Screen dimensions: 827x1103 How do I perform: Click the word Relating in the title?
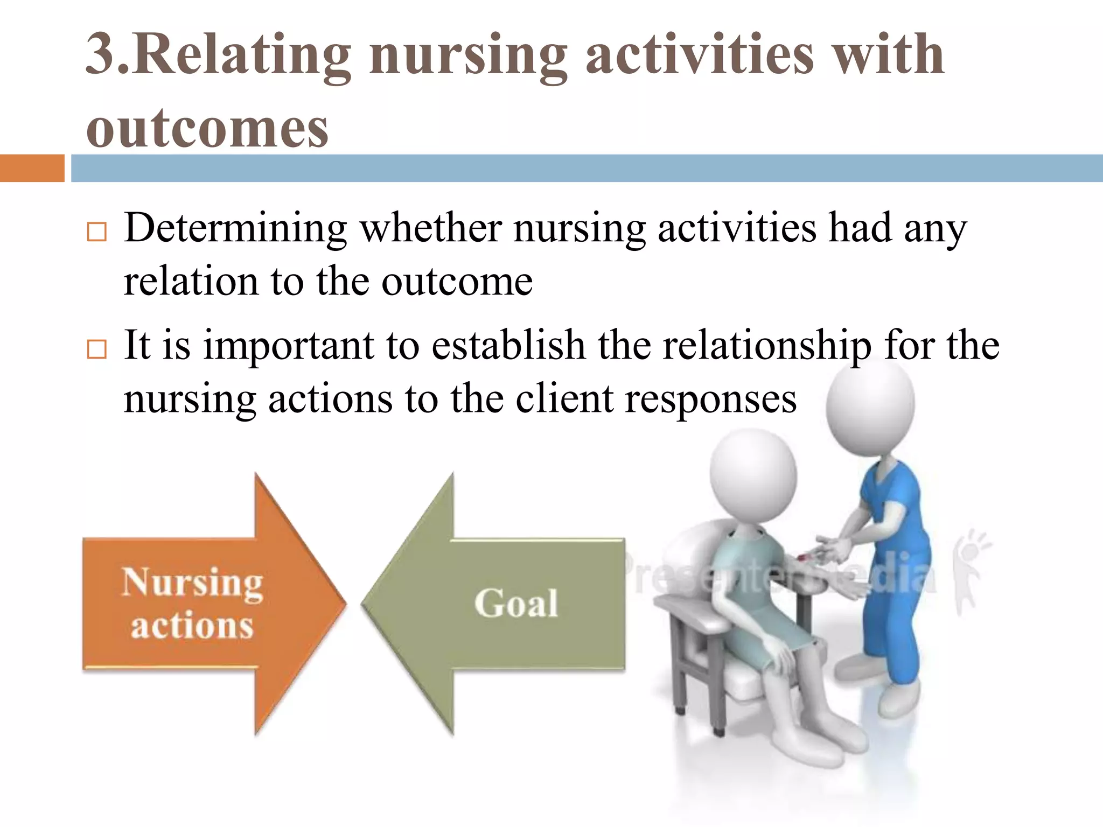242,55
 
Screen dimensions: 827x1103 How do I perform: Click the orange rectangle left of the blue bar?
32,168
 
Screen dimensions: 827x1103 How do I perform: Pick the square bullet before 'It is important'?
97,349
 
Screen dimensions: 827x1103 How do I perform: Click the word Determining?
235,229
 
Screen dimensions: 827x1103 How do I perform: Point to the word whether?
431,229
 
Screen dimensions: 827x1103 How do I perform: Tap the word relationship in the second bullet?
766,346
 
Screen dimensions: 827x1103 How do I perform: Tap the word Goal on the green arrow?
516,603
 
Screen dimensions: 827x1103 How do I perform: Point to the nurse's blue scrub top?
889,501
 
